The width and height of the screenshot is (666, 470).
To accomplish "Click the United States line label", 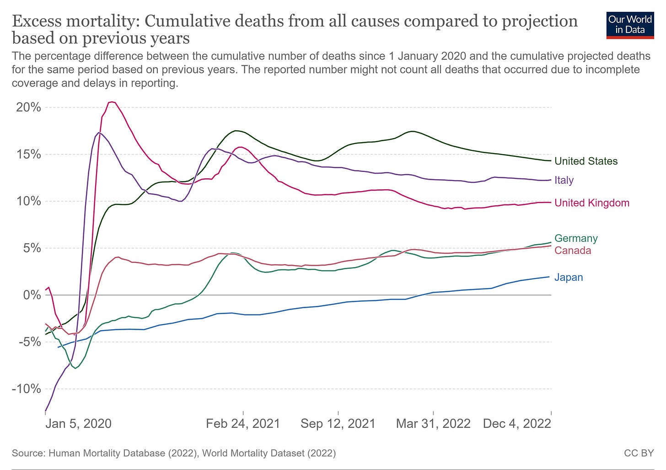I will click(x=585, y=161).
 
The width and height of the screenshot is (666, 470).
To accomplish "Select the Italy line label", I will click(x=564, y=180).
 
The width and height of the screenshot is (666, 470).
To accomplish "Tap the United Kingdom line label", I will click(x=591, y=203).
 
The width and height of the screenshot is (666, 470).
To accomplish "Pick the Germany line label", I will click(x=575, y=238).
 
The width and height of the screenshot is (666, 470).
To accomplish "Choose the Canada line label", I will click(x=572, y=251).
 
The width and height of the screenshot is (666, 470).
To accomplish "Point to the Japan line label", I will click(x=568, y=278).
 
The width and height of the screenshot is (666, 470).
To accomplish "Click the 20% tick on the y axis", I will click(x=28, y=107).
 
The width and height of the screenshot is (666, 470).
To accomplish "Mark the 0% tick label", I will click(x=32, y=295).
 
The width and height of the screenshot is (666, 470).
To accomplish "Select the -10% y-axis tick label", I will click(x=27, y=389).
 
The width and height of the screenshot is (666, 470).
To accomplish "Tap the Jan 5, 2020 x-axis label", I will click(x=78, y=423).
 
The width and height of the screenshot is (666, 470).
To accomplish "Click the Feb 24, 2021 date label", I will click(x=243, y=423).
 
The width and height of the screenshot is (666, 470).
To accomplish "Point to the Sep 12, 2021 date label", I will click(x=338, y=423).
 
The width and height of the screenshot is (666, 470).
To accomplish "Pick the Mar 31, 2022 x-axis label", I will click(x=433, y=423).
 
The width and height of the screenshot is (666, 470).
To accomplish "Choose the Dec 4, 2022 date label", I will click(x=516, y=423).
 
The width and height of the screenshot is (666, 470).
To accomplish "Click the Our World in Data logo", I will click(x=629, y=25).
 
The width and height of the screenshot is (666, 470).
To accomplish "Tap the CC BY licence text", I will click(x=639, y=454).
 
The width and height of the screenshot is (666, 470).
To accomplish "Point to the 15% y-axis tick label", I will click(x=28, y=154).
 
